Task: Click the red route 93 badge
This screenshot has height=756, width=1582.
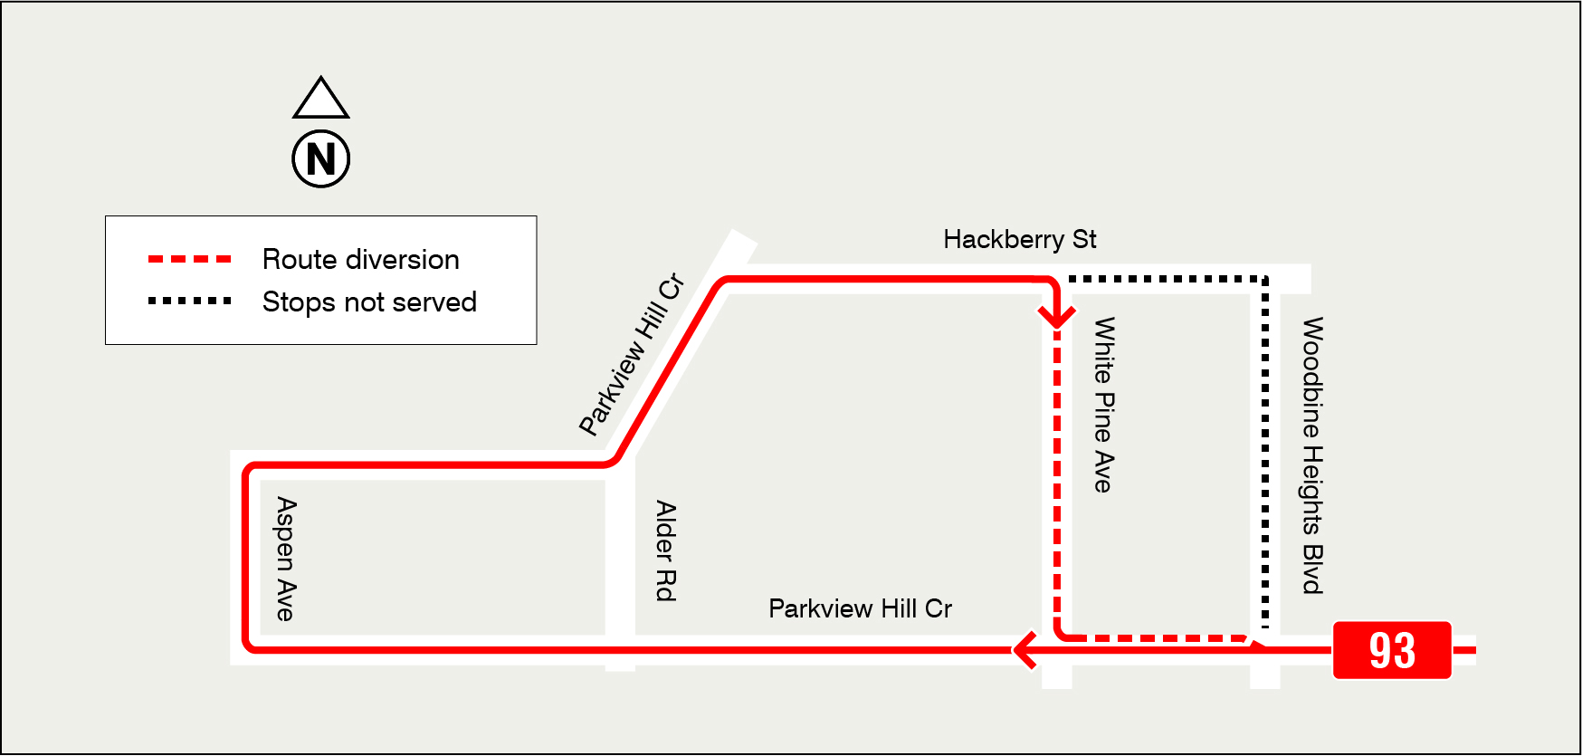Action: pos(1391,650)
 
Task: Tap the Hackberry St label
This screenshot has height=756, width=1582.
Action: pos(1019,240)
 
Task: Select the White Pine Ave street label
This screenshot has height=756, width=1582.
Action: pos(1103,404)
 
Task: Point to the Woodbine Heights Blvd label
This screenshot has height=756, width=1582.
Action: pos(1312,455)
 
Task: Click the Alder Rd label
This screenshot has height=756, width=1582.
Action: pos(665,550)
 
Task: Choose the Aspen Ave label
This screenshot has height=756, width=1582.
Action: pos(285,558)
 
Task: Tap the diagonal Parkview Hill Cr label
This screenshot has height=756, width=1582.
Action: pos(632,355)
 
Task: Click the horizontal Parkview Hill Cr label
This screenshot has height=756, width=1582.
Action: pos(860,608)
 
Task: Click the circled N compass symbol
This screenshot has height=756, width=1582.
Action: pos(321,159)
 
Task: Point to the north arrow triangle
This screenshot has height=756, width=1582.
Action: pos(321,99)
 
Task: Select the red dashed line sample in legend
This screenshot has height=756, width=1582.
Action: pos(190,260)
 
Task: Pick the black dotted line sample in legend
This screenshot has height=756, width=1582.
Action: pos(190,301)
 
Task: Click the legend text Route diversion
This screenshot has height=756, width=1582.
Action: pos(360,260)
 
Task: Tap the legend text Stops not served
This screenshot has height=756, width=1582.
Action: pos(369,302)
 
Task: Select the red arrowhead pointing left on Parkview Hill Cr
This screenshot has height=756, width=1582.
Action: pos(1025,649)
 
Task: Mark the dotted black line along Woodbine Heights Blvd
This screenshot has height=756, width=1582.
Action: pos(1265,453)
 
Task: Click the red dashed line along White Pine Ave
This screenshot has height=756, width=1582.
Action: pos(1057,471)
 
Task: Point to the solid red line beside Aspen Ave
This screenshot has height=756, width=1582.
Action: pos(246,558)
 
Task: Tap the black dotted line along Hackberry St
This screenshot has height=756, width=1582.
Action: pos(1167,279)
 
